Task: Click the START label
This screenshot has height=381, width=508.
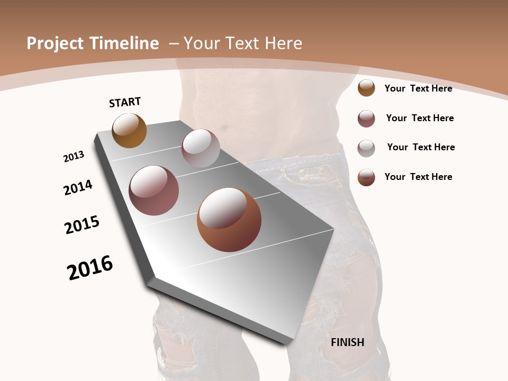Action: [125, 102]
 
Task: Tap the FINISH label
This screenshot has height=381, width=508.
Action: [348, 342]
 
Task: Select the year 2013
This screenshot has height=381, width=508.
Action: [74, 157]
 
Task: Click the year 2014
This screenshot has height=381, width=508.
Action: [78, 187]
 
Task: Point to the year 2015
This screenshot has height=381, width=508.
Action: [82, 225]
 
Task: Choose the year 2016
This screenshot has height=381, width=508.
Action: [90, 268]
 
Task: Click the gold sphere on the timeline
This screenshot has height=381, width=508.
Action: [129, 131]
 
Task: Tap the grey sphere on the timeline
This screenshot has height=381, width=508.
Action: [201, 148]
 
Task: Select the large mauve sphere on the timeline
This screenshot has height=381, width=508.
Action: [154, 190]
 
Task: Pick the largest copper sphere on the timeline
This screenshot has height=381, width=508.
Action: [229, 220]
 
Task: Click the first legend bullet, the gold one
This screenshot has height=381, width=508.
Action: [366, 88]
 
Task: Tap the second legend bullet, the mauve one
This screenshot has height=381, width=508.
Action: [366, 119]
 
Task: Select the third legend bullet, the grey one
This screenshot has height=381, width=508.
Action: [366, 148]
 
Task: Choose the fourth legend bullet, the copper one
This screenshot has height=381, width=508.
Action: [366, 177]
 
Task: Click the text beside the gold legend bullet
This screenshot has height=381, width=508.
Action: [418, 88]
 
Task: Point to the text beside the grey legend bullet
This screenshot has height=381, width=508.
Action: [421, 147]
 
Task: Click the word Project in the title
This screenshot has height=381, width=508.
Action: [56, 43]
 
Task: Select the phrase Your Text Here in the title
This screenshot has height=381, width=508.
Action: [243, 43]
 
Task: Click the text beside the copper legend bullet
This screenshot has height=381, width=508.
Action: [418, 177]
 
